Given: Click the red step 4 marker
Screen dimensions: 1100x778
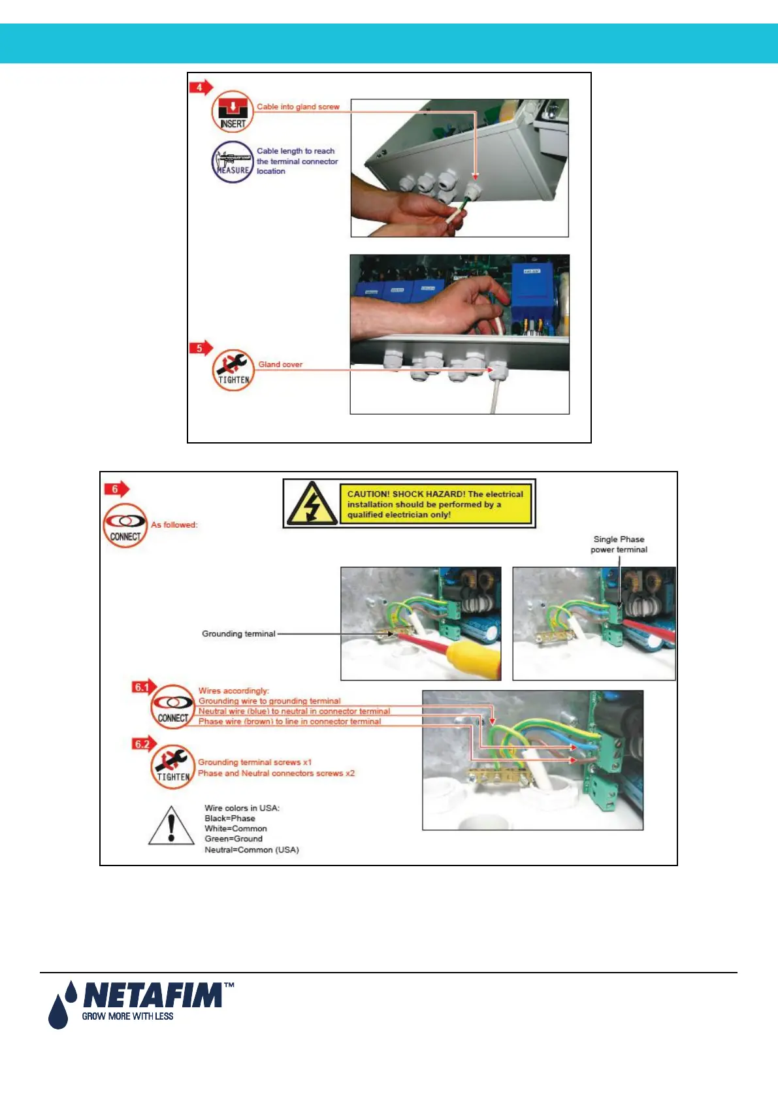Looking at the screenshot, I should tap(200, 88).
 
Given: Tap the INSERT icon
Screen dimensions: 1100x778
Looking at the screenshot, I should tap(233, 112).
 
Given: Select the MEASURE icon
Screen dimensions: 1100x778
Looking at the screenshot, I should tap(233, 162).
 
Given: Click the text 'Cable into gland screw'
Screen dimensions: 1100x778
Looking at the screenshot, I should tap(298, 106).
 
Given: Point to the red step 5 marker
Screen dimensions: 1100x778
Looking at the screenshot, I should tap(200, 348).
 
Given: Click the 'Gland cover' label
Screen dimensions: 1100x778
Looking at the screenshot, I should tap(280, 364).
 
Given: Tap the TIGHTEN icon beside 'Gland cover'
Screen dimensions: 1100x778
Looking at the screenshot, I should tap(233, 370).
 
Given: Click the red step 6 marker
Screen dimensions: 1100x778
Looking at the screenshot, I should tap(116, 489).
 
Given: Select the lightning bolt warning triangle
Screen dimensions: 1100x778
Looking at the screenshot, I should tap(312, 503).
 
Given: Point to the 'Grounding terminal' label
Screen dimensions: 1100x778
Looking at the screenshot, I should tap(238, 634).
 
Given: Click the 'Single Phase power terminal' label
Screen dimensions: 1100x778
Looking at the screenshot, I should tap(619, 544).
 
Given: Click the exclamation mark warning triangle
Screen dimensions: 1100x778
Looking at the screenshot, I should tap(171, 826).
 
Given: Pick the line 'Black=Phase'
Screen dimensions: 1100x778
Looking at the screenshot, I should tap(230, 818).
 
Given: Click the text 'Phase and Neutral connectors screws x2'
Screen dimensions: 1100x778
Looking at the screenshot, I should tap(276, 773).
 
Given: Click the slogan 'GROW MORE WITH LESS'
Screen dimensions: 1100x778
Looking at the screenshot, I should tap(127, 1016).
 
